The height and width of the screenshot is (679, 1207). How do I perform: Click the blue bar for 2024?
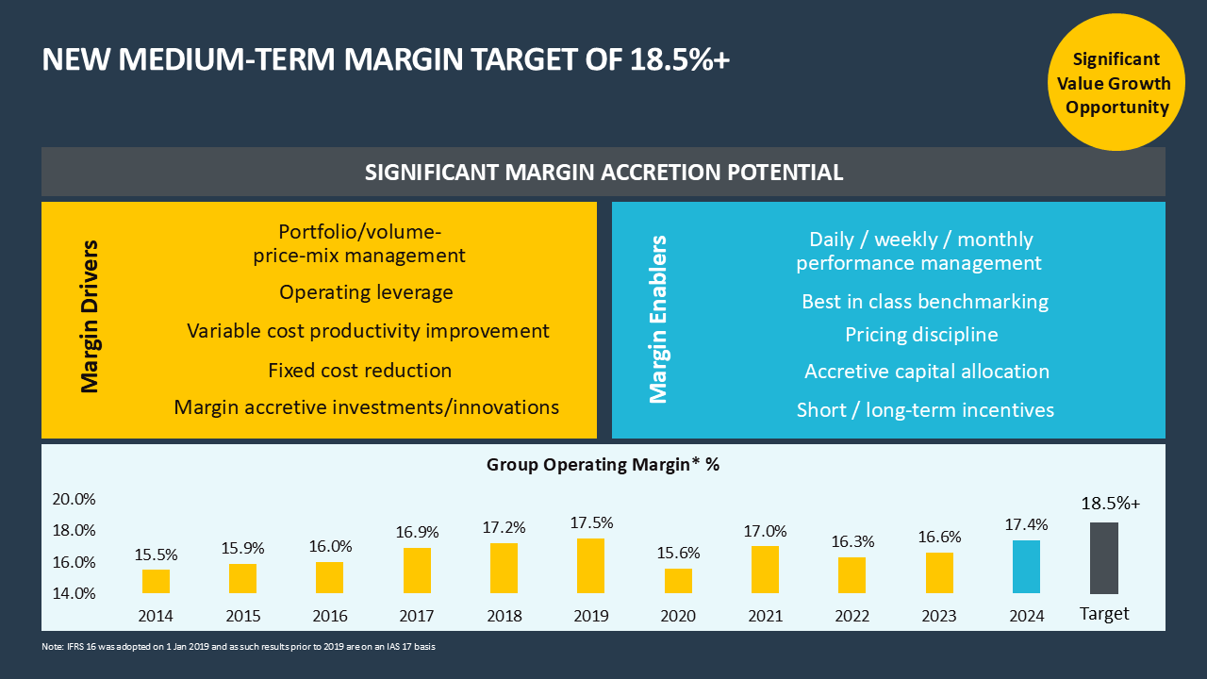coord(1026,567)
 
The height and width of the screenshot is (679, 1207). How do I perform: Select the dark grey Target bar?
coord(1104,558)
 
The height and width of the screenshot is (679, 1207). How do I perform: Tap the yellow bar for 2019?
coord(590,566)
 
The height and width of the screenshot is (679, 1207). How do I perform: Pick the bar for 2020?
coord(678,581)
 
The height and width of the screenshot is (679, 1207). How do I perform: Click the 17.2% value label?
coord(504,527)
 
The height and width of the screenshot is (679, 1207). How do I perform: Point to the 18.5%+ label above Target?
coord(1110,504)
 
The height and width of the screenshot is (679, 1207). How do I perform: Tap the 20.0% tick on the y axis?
coord(74,499)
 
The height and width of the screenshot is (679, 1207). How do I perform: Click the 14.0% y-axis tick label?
coord(74,593)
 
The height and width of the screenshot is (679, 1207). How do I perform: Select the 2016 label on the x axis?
coord(329,617)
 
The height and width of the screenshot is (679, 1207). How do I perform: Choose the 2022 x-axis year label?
coord(852,617)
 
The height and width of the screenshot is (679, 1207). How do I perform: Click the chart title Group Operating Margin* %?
coord(603,464)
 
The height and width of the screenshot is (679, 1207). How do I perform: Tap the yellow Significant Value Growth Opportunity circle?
coord(1117,83)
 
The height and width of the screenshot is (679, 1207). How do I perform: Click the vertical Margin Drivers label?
coord(90,317)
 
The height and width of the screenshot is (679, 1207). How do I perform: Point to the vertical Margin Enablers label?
coord(658,320)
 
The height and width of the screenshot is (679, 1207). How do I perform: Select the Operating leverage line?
coord(366,292)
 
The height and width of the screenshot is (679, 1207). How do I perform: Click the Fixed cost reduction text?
coord(359,371)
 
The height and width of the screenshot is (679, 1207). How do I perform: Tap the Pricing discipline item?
coord(921,335)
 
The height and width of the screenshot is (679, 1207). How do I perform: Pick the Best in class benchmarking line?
coord(924,302)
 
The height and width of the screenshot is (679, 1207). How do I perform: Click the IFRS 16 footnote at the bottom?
coord(238,647)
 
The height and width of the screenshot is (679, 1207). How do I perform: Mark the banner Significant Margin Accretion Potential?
coord(603,173)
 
